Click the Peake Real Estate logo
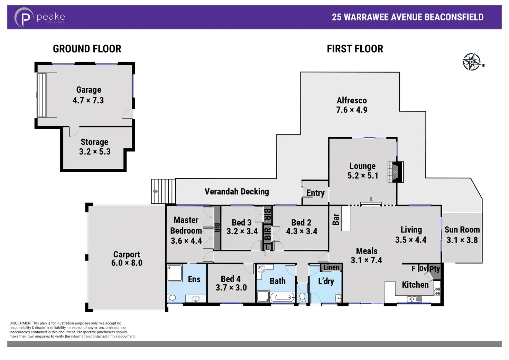[39, 17]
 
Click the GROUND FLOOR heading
[87, 49]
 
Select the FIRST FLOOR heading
[355, 49]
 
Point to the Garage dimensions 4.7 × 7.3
[88, 100]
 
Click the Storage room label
[94, 142]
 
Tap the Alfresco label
[352, 100]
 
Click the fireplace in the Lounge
[396, 172]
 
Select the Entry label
[315, 193]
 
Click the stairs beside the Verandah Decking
[163, 191]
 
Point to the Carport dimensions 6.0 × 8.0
[127, 263]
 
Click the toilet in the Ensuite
[172, 297]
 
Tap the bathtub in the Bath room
[282, 297]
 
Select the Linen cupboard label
[331, 268]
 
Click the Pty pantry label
[434, 269]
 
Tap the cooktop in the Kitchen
[437, 291]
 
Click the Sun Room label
[462, 230]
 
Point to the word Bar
[336, 219]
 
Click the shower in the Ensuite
[175, 273]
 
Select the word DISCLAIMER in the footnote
[20, 323]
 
